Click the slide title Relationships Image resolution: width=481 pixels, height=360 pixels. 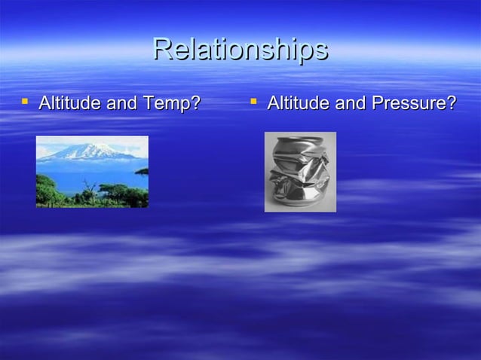(x=240, y=50)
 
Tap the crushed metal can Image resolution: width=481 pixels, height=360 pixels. (x=300, y=172)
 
